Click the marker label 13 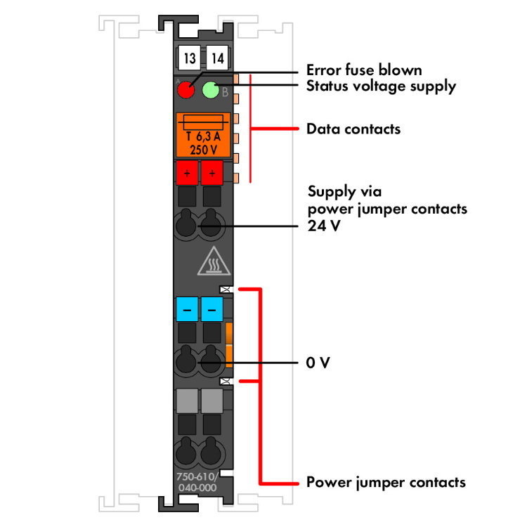pyautogui.click(x=189, y=58)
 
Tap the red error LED pyautogui.click(x=186, y=91)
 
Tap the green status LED pyautogui.click(x=211, y=91)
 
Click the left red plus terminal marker pyautogui.click(x=187, y=172)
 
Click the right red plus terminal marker pyautogui.click(x=212, y=172)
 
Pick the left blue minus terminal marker pyautogui.click(x=187, y=308)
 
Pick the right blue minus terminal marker pyautogui.click(x=212, y=308)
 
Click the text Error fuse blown pyautogui.click(x=364, y=70)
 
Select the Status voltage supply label pyautogui.click(x=381, y=86)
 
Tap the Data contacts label pyautogui.click(x=353, y=129)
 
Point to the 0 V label pyautogui.click(x=318, y=363)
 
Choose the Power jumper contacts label pyautogui.click(x=386, y=483)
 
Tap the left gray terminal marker pyautogui.click(x=187, y=401)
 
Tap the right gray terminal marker pyautogui.click(x=212, y=401)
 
